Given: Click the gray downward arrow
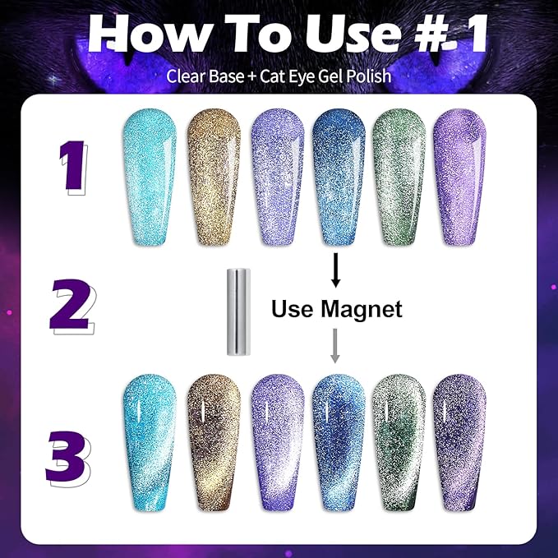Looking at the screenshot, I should coord(335,344).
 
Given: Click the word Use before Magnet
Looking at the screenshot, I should coord(292,309).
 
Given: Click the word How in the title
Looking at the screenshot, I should coord(138,35).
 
